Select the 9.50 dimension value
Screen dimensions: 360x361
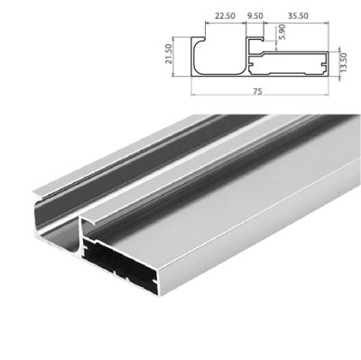click(x=255, y=15)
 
